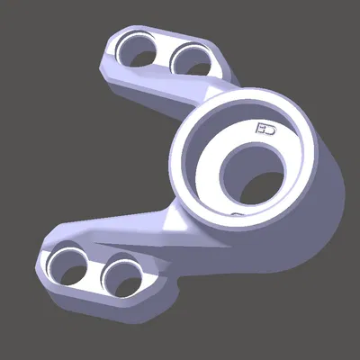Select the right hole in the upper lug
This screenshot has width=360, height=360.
click(190, 61)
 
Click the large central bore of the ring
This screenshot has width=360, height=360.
click(254, 171)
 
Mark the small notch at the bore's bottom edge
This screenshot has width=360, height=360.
click(236, 213)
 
